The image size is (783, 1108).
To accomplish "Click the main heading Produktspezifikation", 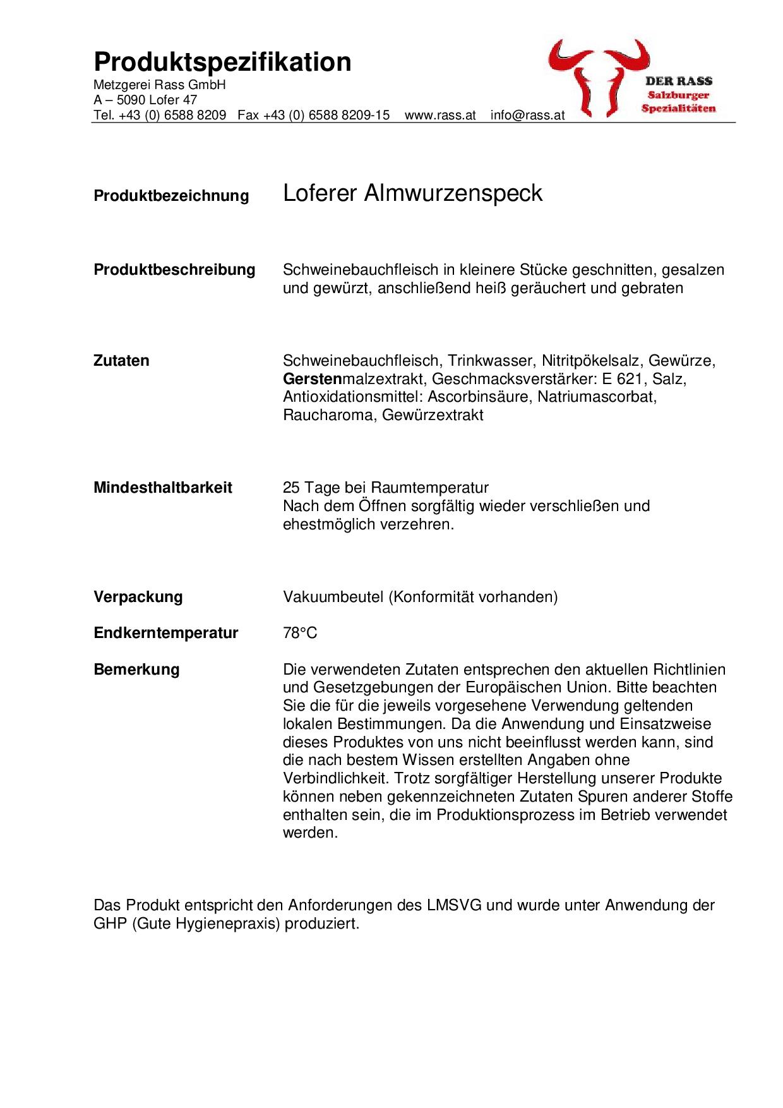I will (222, 62).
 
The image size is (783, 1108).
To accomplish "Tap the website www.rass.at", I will (439, 116).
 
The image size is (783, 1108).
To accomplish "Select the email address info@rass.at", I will (527, 116).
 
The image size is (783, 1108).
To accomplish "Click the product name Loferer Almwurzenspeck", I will (412, 193).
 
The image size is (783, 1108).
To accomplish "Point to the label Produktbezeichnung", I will (171, 196).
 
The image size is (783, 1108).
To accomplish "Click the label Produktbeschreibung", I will (174, 270).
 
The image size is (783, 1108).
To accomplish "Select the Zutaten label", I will (121, 361).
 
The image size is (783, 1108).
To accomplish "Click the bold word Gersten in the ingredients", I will (312, 379).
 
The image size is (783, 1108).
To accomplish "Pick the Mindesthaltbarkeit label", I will (163, 488).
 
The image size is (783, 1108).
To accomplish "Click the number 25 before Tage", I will (291, 488).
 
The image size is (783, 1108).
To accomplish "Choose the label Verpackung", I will (138, 597).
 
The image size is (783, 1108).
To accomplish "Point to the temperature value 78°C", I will (300, 633).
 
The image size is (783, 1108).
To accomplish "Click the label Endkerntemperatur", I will (165, 633).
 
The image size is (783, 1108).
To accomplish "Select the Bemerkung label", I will (136, 670).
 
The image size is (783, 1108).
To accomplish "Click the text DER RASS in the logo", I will (679, 81).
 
